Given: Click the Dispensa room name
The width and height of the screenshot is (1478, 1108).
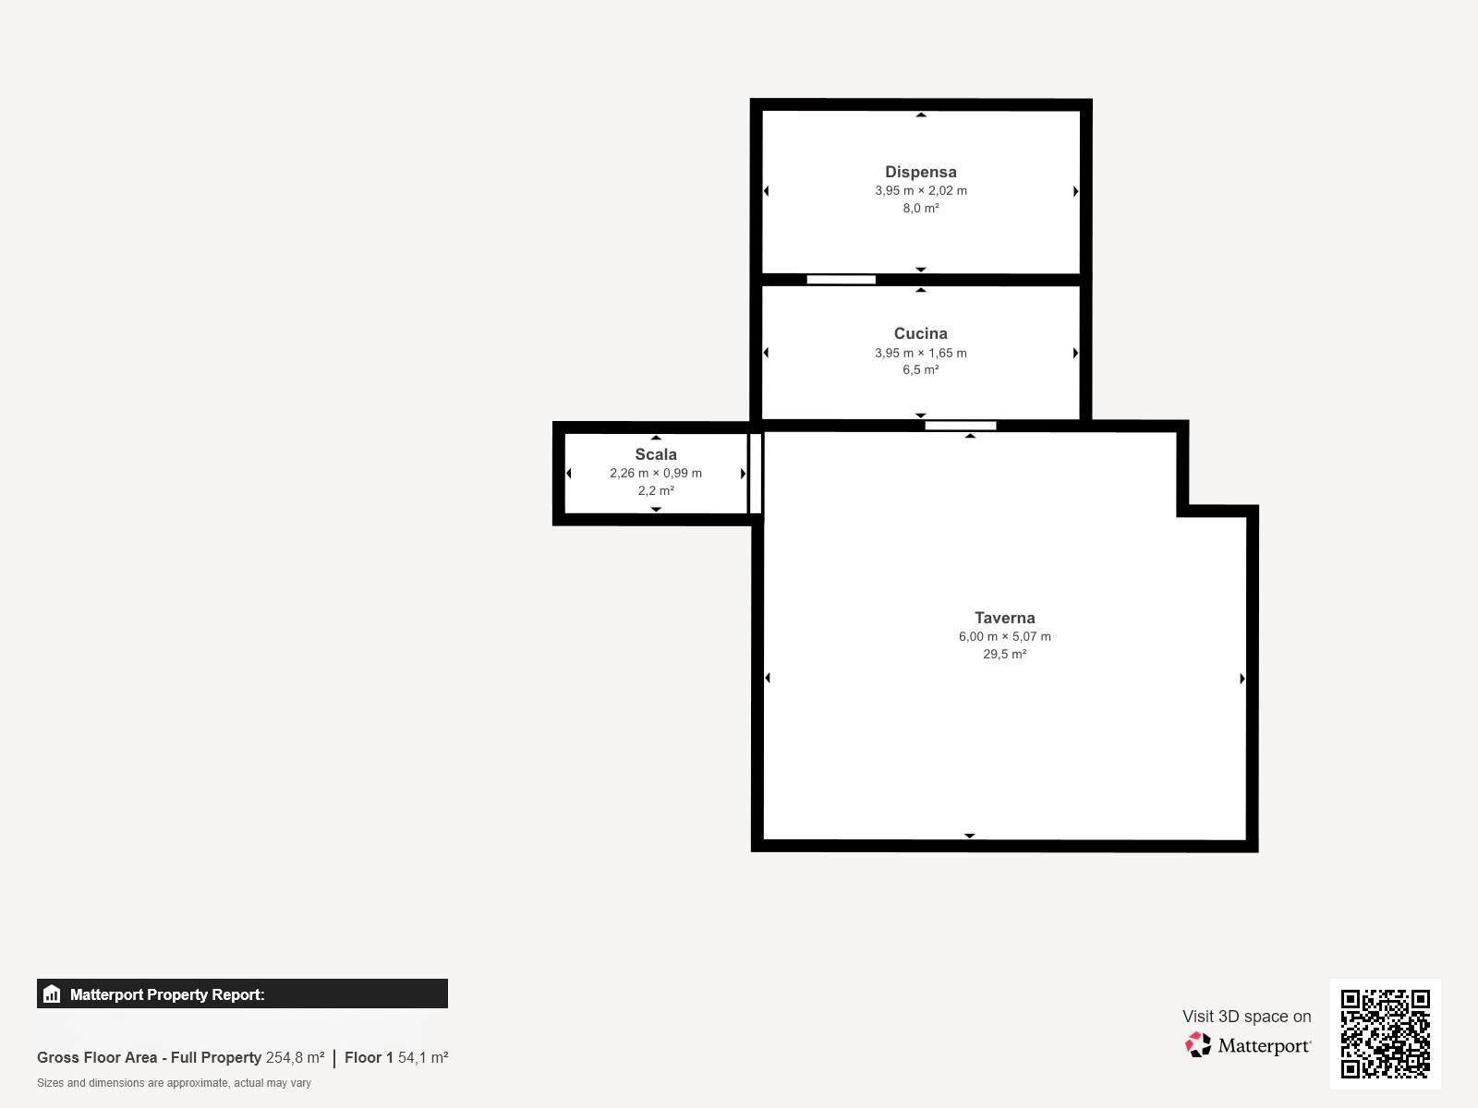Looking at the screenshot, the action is click(x=920, y=173).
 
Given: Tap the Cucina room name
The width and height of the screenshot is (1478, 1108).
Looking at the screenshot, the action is click(x=920, y=333).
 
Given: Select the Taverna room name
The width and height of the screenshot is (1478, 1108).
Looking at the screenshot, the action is click(x=1005, y=618).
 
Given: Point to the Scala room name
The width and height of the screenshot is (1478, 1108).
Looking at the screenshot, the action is click(x=656, y=454).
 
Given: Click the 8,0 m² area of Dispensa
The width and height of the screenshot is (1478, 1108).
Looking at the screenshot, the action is click(x=920, y=208).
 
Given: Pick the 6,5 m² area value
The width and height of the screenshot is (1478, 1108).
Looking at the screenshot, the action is click(x=920, y=369).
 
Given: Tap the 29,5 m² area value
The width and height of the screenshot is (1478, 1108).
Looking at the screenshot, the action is click(x=1005, y=654).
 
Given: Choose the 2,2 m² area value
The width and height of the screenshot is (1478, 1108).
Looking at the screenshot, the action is click(x=656, y=490).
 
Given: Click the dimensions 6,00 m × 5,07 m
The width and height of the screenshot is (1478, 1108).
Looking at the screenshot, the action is click(x=1005, y=636).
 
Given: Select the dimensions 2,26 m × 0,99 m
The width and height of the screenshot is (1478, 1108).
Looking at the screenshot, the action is click(x=656, y=473).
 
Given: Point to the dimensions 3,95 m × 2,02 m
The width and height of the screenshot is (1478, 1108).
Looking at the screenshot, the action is click(x=920, y=190).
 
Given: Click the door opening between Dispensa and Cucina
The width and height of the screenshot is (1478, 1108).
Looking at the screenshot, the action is click(x=841, y=280).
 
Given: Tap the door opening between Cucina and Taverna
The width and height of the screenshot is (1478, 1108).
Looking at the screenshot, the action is click(x=960, y=426).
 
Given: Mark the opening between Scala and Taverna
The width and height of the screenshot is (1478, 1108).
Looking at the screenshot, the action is click(x=756, y=474).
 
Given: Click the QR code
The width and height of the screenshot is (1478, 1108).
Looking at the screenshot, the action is click(x=1385, y=1034).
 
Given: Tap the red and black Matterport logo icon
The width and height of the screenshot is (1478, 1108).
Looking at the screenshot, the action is click(x=1198, y=1045).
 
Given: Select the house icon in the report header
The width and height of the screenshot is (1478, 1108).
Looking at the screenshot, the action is click(x=52, y=994).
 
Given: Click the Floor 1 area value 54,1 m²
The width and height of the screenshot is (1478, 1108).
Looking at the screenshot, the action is click(x=423, y=1057).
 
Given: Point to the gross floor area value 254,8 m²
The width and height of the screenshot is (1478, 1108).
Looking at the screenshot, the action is click(x=295, y=1057).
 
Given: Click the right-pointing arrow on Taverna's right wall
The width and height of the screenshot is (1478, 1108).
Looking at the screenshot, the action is click(x=1242, y=678).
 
